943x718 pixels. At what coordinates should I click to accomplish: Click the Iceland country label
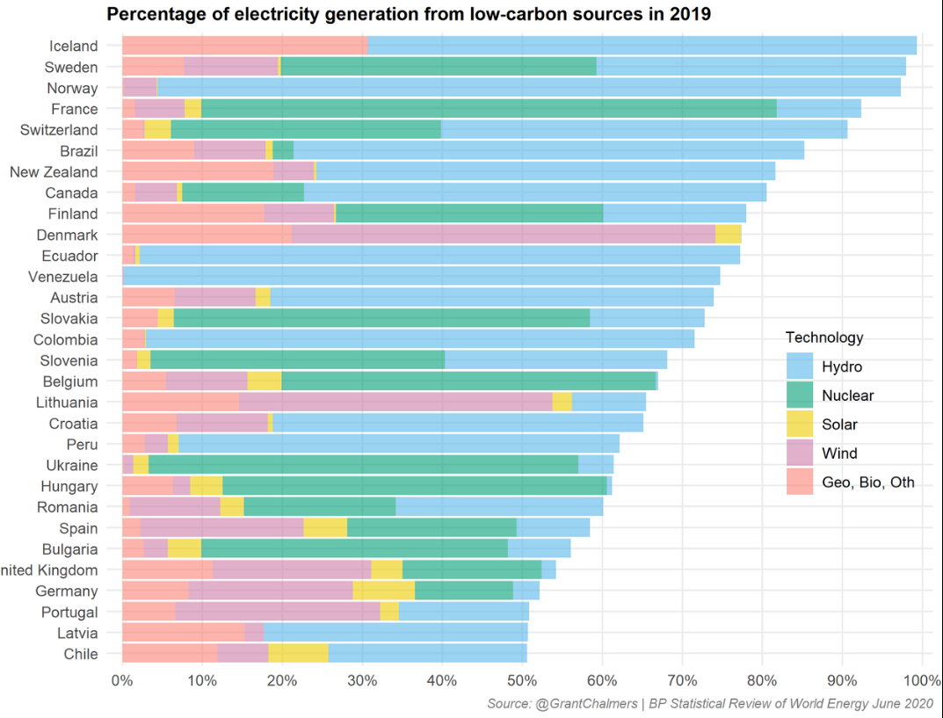pos(74,46)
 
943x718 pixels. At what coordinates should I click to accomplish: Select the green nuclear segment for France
pos(489,109)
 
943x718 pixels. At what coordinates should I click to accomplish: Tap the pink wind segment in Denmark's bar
pos(503,235)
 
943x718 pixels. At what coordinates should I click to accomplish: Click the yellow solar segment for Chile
pos(298,654)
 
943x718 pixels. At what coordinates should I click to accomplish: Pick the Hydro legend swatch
pos(800,366)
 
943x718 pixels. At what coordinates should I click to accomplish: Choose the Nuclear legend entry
pos(847,395)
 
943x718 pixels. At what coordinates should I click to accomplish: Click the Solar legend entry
pos(839,424)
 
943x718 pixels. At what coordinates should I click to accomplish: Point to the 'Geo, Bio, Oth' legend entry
pos(867,482)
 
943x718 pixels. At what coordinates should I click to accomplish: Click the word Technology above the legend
pos(823,337)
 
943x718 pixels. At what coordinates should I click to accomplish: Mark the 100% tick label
pos(920,681)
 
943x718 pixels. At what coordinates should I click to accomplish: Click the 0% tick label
pos(121,681)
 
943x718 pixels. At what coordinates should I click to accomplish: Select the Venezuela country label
pos(62,277)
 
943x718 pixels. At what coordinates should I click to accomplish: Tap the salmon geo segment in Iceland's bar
pos(244,46)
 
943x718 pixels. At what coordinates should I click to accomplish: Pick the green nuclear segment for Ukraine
pos(363,465)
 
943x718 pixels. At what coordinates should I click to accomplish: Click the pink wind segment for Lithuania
pos(395,403)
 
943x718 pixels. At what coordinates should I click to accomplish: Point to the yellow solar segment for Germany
pos(383,591)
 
